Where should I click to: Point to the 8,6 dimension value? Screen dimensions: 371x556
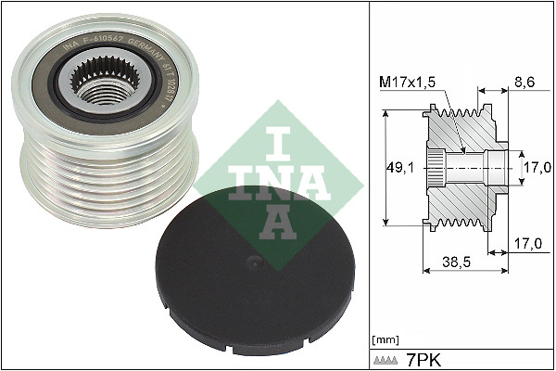(525, 82)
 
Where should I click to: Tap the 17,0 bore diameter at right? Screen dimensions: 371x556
(537, 168)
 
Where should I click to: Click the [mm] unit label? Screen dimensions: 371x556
(384, 339)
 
